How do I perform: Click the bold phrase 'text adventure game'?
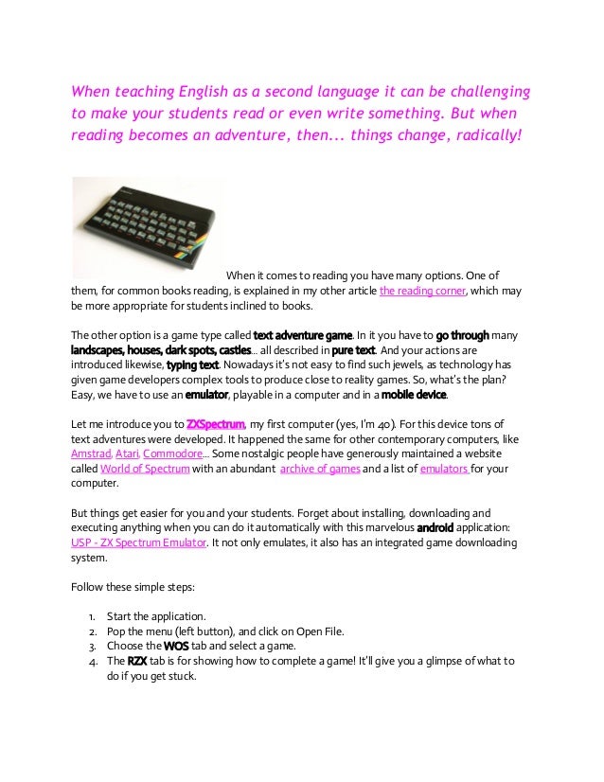[x=303, y=334]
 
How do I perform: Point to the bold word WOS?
[x=176, y=646]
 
